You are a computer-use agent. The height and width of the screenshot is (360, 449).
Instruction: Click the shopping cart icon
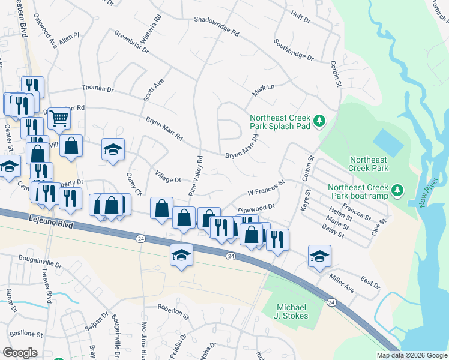(x=59, y=118)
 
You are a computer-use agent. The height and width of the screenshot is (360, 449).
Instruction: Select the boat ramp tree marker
(x=397, y=191)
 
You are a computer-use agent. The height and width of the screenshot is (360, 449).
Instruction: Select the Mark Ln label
(x=263, y=88)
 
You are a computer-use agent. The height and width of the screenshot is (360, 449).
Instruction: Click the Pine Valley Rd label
(x=196, y=176)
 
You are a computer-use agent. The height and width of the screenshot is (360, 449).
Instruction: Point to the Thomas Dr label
(x=97, y=88)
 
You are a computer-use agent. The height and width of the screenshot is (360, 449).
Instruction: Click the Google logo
(x=20, y=353)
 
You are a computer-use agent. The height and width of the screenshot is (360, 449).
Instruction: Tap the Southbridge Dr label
(x=294, y=50)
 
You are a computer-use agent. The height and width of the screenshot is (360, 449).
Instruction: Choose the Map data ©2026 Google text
(x=411, y=355)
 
